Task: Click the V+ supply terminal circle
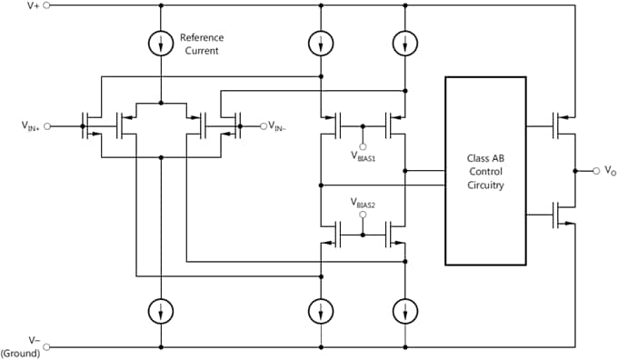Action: [x=47, y=5]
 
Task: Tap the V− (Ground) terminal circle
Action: [x=47, y=346]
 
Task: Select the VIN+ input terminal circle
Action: [x=47, y=126]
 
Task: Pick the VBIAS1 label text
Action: [x=364, y=155]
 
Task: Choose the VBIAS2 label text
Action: [x=364, y=203]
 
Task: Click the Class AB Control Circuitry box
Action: [x=485, y=171]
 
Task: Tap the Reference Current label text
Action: [x=202, y=44]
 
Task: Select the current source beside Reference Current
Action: [x=161, y=43]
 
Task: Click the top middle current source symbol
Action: [x=322, y=43]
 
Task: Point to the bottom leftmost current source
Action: [x=161, y=311]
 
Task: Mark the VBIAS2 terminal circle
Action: [x=363, y=215]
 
